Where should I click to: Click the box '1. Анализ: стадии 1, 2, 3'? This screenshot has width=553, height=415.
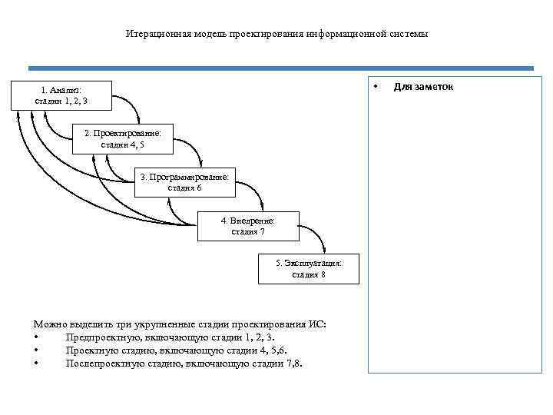coord(61,95)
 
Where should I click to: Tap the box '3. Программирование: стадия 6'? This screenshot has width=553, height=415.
coord(184,182)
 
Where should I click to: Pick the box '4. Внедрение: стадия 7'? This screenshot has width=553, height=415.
coord(247,226)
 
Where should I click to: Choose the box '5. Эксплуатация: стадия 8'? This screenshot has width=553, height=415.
coord(309,269)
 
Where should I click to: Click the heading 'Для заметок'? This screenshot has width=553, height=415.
coord(423,86)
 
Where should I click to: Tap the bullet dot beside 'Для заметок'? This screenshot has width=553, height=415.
coord(376,86)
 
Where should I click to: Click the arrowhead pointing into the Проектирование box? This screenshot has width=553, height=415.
coord(137,121)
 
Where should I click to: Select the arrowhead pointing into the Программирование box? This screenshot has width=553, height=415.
coord(200,164)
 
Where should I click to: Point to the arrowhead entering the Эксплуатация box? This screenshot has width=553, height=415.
coord(325,251)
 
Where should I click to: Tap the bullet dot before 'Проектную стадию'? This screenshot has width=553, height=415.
coord(36,350)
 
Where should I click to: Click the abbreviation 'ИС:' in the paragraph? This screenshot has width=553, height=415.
coord(316,324)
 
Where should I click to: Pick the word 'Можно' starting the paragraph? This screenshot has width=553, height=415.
coord(49,324)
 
